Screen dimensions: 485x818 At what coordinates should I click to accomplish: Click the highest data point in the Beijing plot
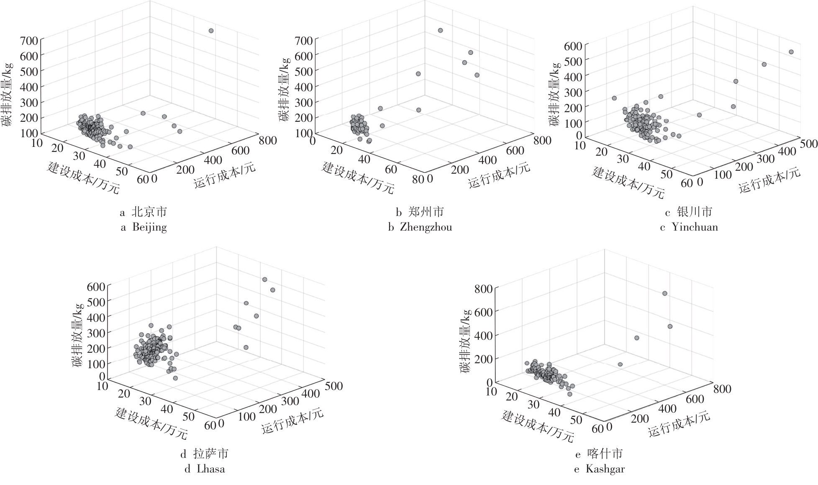(211, 31)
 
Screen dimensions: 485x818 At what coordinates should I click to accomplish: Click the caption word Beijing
(149, 227)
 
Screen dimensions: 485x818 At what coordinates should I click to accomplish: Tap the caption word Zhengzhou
(426, 227)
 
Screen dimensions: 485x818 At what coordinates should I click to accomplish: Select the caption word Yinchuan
(695, 227)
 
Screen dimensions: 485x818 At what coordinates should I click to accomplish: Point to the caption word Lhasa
(210, 469)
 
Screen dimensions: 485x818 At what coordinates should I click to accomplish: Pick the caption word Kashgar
(605, 469)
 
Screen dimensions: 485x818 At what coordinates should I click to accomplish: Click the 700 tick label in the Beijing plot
(30, 41)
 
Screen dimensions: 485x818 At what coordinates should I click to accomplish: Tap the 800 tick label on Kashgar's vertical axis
(483, 288)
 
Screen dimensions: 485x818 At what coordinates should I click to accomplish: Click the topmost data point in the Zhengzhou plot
(440, 30)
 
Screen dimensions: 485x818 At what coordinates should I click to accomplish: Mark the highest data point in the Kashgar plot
(664, 293)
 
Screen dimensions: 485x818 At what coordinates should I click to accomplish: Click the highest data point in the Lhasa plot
(264, 279)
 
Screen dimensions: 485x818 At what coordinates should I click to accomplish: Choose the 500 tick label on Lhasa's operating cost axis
(333, 386)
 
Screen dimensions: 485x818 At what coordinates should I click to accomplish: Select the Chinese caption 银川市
(695, 212)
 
